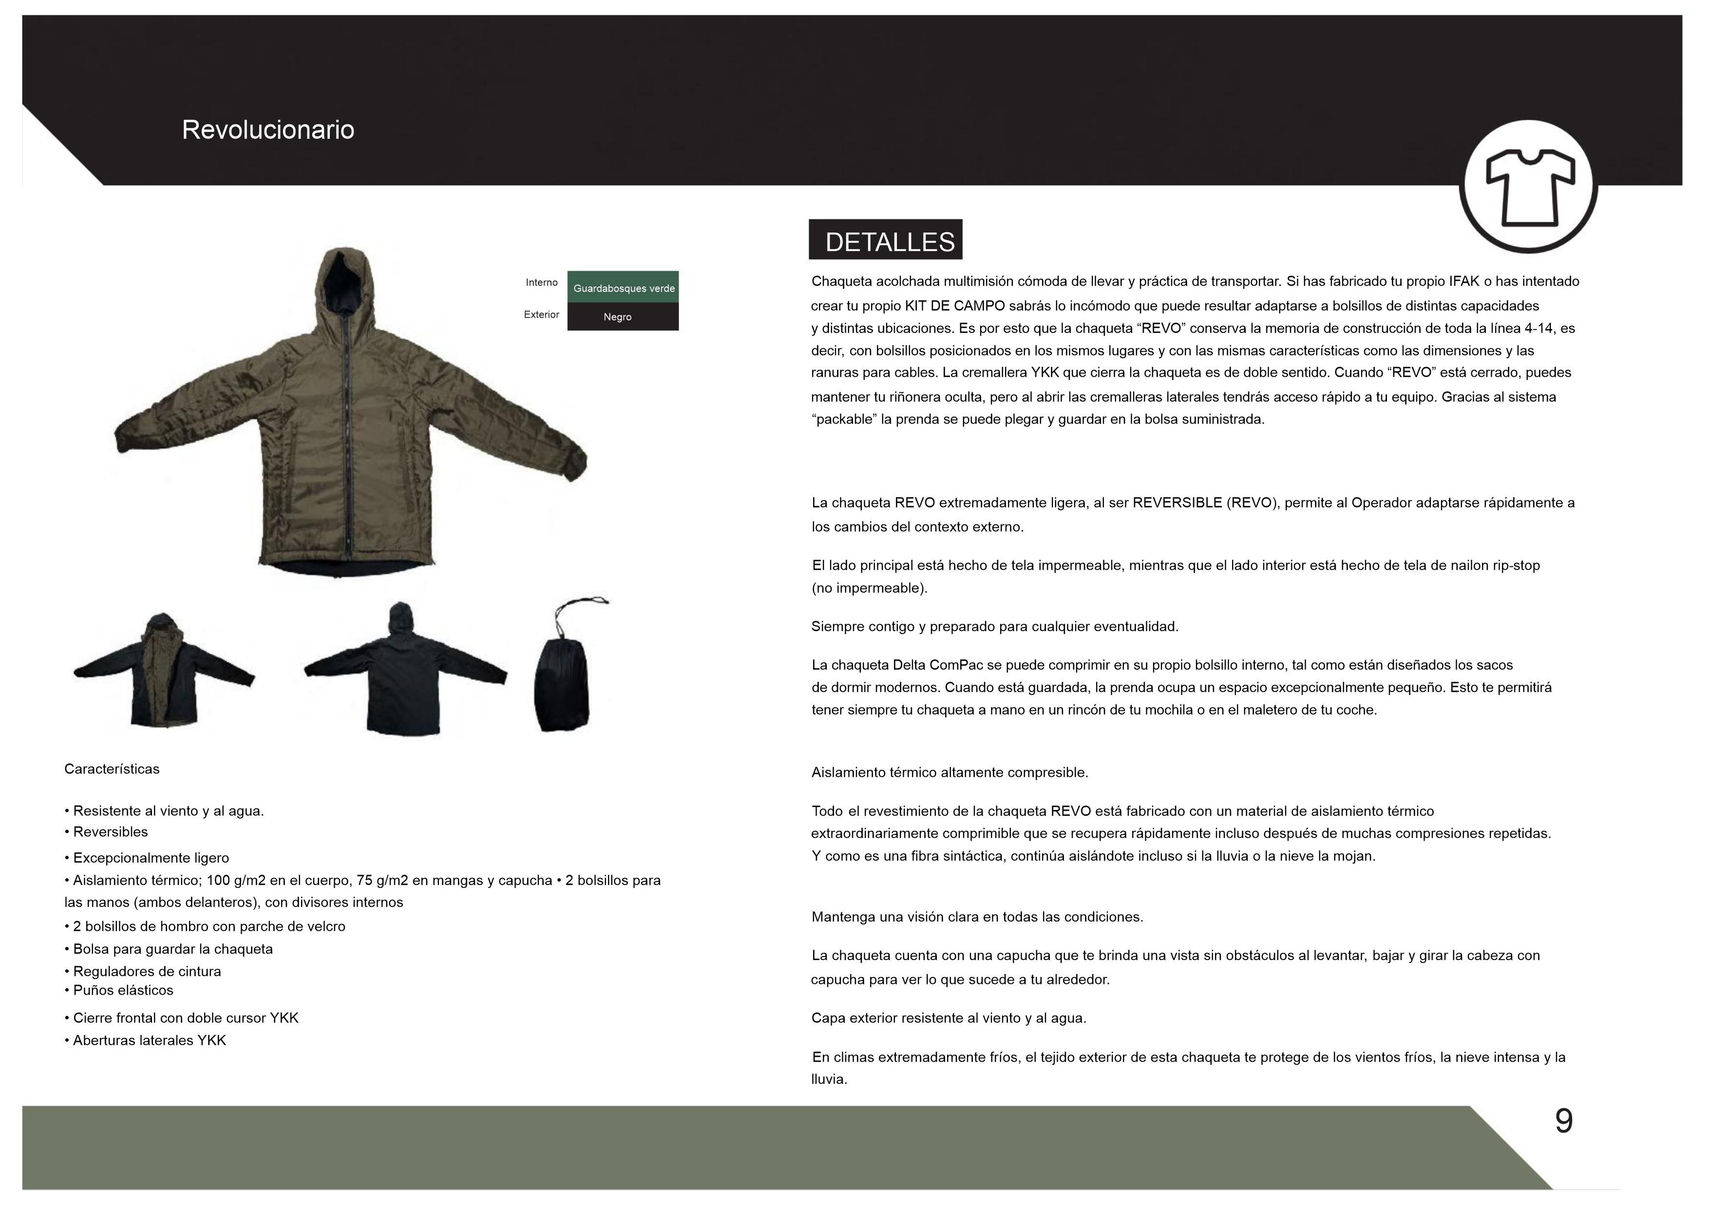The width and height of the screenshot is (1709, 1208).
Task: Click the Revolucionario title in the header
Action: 268,130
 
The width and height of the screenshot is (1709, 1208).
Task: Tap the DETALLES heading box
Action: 886,240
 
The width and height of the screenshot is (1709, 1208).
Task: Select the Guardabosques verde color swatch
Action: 623,288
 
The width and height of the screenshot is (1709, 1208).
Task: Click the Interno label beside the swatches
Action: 541,283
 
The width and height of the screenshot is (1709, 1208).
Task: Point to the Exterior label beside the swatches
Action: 541,315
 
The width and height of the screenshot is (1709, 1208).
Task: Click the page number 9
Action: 1564,1121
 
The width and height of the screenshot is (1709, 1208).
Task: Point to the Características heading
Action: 112,769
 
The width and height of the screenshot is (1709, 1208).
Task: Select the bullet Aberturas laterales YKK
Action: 149,1040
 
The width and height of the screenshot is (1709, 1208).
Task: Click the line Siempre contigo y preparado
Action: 994,627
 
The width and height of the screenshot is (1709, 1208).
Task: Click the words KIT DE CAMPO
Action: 955,306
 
